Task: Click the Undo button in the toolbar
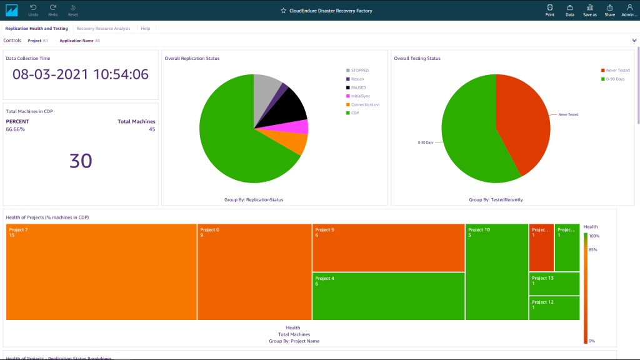pos(33,9)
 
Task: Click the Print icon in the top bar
pos(549,9)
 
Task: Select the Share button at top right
pos(609,9)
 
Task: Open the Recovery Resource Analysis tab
pos(103,28)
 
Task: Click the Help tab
pos(145,28)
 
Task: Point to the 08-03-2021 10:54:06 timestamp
pos(81,74)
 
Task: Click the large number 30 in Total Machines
pos(81,161)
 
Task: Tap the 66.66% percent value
pos(16,129)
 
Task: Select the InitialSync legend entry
pos(361,96)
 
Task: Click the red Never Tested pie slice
pos(522,122)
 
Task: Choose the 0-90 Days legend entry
pos(614,79)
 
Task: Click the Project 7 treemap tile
pos(101,272)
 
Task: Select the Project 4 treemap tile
pos(387,296)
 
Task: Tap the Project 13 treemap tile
pos(554,283)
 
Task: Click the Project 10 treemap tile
pos(496,272)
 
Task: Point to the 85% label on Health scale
pos(593,250)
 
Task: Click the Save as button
pos(589,9)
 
